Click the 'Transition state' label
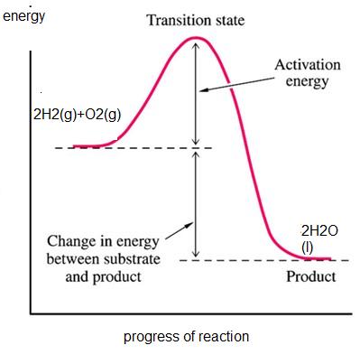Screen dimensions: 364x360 pyautogui.click(x=195, y=20)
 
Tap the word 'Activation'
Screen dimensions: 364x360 pyautogui.click(x=307, y=65)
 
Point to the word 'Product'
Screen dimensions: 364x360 pyautogui.click(x=310, y=276)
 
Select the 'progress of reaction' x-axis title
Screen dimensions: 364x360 pyautogui.click(x=186, y=337)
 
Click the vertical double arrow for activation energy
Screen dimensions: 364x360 pyautogui.click(x=195, y=99)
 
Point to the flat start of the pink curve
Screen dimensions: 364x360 pyautogui.click(x=90, y=145)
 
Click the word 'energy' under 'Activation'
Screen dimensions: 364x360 pyautogui.click(x=307, y=81)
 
